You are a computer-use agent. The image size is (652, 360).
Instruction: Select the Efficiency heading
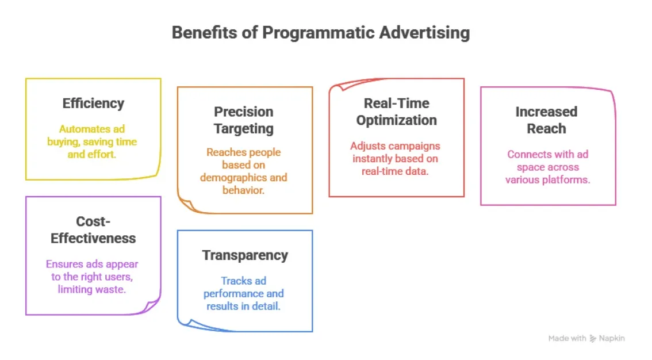click(93, 104)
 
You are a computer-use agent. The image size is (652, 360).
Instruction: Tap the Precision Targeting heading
click(244, 120)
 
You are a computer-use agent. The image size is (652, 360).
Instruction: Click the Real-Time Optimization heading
click(396, 112)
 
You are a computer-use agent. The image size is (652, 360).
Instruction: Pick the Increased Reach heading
click(546, 120)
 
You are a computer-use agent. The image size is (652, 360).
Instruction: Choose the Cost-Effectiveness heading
click(93, 230)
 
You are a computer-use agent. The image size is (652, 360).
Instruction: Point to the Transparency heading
click(245, 255)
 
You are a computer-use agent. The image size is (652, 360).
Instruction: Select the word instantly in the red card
click(374, 158)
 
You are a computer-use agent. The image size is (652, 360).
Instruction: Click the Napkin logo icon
click(593, 339)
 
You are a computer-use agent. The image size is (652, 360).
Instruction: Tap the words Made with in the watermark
click(567, 339)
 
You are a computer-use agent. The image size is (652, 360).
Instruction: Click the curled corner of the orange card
click(186, 204)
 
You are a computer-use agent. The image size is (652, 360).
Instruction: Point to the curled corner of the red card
click(337, 87)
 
